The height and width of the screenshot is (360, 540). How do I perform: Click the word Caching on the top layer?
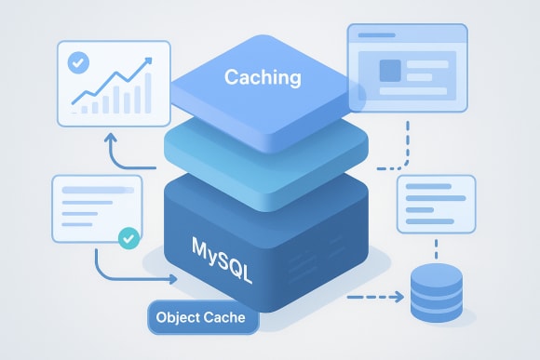(x=263, y=78)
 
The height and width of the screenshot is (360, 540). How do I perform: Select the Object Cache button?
(x=202, y=317)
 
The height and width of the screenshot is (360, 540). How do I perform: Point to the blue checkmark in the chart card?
(x=79, y=63)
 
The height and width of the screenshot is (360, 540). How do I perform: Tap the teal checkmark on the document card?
(x=129, y=238)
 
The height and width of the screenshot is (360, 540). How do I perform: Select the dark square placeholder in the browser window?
(x=390, y=71)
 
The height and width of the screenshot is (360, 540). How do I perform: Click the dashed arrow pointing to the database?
(x=377, y=299)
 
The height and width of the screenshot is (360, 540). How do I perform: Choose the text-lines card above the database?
(x=436, y=203)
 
